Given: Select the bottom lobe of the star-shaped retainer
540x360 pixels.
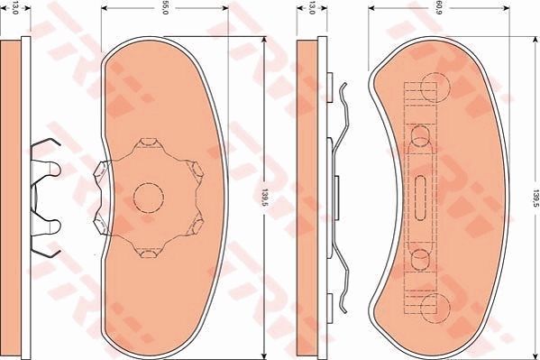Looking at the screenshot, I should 147,249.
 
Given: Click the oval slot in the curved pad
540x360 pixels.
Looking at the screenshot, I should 423,195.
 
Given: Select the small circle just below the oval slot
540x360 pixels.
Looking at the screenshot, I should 420,259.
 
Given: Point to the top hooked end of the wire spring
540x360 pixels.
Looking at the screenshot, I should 343,88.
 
